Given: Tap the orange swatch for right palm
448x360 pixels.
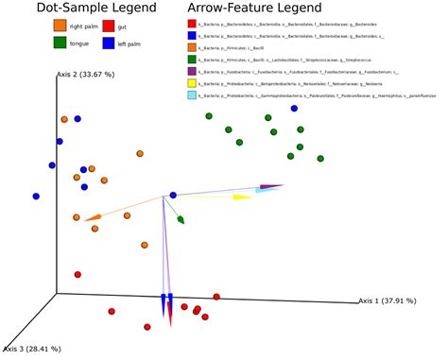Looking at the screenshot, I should coord(60,25).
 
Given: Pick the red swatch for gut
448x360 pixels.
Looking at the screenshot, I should coord(109,25).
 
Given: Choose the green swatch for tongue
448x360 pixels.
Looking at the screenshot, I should coord(60,42).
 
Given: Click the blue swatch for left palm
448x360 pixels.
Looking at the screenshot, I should coord(109,42).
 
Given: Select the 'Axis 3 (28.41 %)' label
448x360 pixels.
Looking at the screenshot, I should coord(31,348).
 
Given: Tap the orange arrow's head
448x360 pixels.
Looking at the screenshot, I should coord(92,218).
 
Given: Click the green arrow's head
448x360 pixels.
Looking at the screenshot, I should coord(181,219).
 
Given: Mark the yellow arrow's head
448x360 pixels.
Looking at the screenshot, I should coord(241,197).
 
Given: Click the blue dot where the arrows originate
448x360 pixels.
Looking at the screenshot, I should coord(172,196).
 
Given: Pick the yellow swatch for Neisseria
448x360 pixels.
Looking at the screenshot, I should coord(193,83).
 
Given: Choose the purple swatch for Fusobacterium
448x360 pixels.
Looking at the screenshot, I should coord(193,71).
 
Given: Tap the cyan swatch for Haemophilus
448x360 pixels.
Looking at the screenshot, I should coord(193,95).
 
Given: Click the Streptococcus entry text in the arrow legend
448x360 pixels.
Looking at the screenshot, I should coord(284,59).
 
